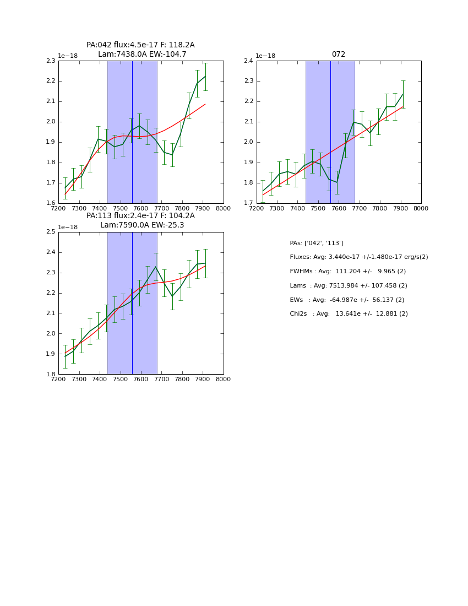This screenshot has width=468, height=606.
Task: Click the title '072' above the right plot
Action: click(x=338, y=55)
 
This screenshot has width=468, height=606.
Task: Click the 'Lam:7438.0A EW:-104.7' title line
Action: click(x=142, y=55)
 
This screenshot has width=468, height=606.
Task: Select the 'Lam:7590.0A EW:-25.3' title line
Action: click(x=142, y=225)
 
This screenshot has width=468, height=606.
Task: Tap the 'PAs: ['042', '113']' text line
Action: click(x=316, y=243)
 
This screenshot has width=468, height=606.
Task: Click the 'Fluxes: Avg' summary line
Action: click(x=358, y=257)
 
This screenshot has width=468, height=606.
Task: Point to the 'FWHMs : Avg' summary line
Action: click(x=347, y=271)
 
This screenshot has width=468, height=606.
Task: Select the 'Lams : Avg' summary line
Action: click(x=348, y=285)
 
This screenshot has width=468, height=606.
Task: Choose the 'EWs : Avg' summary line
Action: click(x=347, y=300)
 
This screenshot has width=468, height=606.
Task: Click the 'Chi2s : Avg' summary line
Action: click(x=349, y=313)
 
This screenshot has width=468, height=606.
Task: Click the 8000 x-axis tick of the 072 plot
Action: click(x=421, y=209)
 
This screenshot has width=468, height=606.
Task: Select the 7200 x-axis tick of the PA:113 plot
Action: click(x=58, y=380)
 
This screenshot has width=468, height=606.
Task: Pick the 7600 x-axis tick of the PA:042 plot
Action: click(x=141, y=209)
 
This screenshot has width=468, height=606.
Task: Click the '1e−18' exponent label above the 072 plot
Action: click(x=265, y=56)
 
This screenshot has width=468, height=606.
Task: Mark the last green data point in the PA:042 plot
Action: click(x=205, y=76)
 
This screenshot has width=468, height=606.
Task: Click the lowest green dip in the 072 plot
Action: click(x=337, y=183)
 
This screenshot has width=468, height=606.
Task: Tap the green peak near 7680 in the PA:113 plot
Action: click(x=156, y=267)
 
